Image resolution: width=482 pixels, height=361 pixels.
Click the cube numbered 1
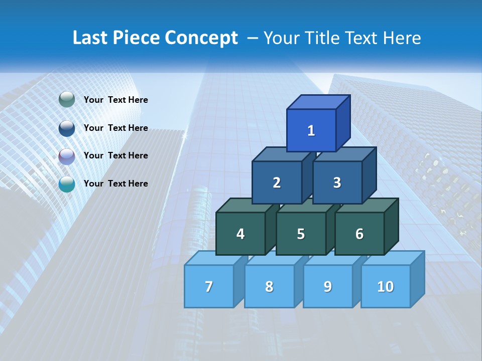(x=311, y=130)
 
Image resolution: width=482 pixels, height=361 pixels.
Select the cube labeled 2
(x=277, y=183)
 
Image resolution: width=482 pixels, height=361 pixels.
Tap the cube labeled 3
(x=337, y=183)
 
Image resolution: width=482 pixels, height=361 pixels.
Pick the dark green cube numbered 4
(x=240, y=234)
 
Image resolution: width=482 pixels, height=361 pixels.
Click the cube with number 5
(x=301, y=234)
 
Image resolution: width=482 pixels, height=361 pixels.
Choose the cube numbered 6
(x=359, y=234)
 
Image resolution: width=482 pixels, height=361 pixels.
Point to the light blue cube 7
(x=209, y=286)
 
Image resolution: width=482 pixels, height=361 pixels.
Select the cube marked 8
(x=269, y=286)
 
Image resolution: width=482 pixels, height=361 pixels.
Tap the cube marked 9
(x=327, y=286)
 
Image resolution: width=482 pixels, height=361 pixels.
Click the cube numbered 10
(x=386, y=286)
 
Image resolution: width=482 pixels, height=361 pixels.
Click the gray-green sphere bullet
(x=67, y=100)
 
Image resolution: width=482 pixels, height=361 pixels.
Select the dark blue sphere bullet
(x=67, y=128)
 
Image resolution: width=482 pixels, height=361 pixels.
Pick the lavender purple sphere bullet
(x=67, y=156)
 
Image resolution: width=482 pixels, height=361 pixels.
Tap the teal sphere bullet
(x=67, y=184)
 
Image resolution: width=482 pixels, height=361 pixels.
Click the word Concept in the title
(x=201, y=38)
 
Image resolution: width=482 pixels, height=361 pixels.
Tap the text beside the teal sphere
(x=116, y=184)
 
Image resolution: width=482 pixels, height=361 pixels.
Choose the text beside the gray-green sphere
(x=116, y=100)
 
